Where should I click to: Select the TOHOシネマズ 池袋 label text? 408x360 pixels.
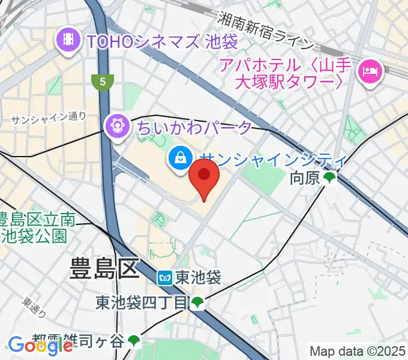tap(163, 42)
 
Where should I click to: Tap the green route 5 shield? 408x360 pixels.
tap(103, 81)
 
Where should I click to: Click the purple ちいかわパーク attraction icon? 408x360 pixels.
tap(115, 127)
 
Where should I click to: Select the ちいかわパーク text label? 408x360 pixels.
tap(194, 127)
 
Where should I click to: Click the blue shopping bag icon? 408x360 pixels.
tap(179, 159)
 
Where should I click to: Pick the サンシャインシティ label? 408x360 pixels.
tap(274, 160)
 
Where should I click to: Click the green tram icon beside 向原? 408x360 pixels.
tap(330, 178)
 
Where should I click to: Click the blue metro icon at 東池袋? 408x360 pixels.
tap(166, 277)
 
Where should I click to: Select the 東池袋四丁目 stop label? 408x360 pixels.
tap(142, 304)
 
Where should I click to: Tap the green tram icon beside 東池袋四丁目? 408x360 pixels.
tap(197, 304)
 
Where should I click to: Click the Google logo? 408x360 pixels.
tap(40, 346)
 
